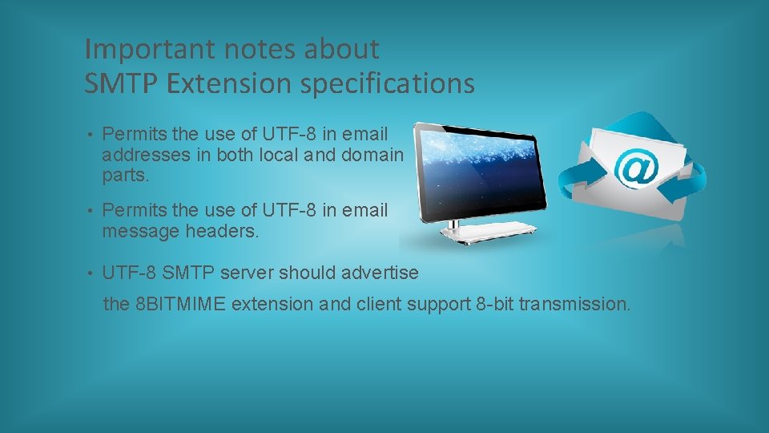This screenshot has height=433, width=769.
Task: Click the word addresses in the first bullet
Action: (146, 155)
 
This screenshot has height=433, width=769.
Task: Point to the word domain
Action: (372, 155)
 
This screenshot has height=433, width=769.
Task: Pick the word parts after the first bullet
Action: (125, 175)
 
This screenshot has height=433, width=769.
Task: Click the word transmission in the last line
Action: (574, 305)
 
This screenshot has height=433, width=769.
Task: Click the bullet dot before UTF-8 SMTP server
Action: (93, 273)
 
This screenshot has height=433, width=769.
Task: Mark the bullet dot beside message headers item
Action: (93, 211)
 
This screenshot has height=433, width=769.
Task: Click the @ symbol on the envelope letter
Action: (636, 168)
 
